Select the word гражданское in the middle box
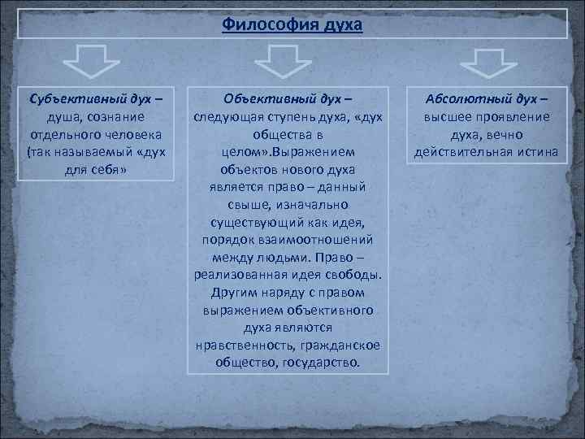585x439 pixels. click(340, 346)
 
